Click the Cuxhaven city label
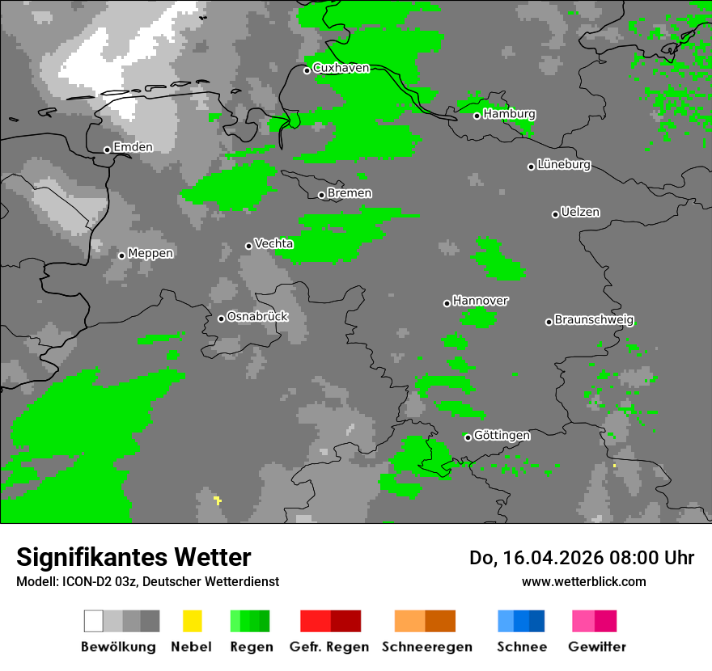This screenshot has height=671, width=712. pos(341,68)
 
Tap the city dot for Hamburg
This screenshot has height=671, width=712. pos(477,116)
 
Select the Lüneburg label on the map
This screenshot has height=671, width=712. pos(564,165)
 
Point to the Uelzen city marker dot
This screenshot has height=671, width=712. pos(555,214)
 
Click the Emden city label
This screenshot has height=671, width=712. pos(133,147)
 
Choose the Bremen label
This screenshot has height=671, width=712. pos(350,193)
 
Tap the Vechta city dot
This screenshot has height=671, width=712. pos(249,246)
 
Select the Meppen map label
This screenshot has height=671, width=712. pos(150,253)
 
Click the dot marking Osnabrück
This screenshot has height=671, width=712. pos(221,319)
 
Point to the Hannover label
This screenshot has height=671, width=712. pos(481,301)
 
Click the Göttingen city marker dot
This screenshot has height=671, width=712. pos(468,437)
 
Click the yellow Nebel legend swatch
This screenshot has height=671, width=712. pos(192,621)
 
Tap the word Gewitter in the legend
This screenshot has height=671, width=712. pos(597,647)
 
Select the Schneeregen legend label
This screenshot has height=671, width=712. pos(427,647)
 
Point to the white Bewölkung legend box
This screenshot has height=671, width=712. pos(94,621)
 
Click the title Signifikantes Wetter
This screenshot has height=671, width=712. pos(133,557)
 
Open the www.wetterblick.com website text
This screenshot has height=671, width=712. pos(583,581)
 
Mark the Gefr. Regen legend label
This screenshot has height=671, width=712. pos(329,647)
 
